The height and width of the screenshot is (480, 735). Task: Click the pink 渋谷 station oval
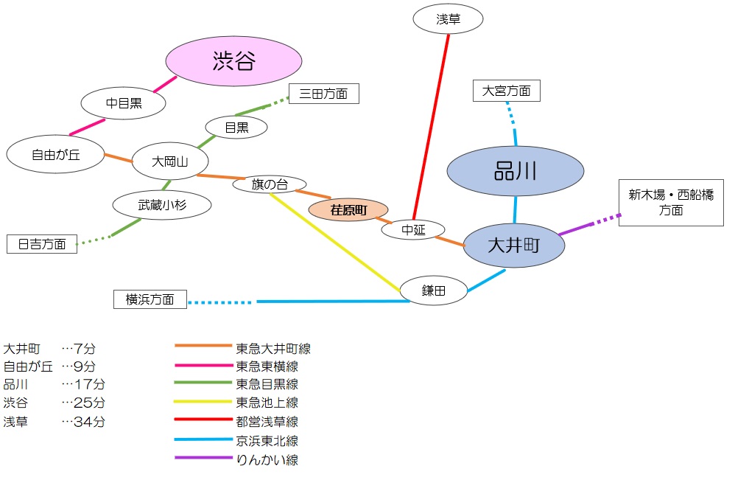pos(233,61)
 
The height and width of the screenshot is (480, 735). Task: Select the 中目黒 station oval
pos(123,103)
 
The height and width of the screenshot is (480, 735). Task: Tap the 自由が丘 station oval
pos(55,154)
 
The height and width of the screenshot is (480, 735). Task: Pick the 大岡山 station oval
pos(170,161)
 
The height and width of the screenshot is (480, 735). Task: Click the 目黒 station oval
pos(236,127)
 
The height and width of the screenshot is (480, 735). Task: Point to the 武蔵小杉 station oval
pos(162,205)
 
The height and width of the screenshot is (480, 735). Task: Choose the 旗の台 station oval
pos(270,184)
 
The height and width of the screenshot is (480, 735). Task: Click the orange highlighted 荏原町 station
pos(348,209)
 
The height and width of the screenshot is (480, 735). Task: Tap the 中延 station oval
pos(413,230)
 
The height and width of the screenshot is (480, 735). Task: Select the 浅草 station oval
pos(448,19)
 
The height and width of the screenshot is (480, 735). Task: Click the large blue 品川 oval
pos(515,171)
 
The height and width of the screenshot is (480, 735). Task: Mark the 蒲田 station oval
pos(434,291)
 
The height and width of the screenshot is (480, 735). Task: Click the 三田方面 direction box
pos(323,94)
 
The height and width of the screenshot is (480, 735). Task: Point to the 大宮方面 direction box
pos(506,91)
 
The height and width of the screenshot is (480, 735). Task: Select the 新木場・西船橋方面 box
pos(671,203)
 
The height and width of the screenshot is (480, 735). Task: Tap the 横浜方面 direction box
pos(150,299)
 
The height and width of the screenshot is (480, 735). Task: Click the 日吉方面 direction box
pos(42,244)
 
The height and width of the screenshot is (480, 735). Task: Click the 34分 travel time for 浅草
pos(89,421)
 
